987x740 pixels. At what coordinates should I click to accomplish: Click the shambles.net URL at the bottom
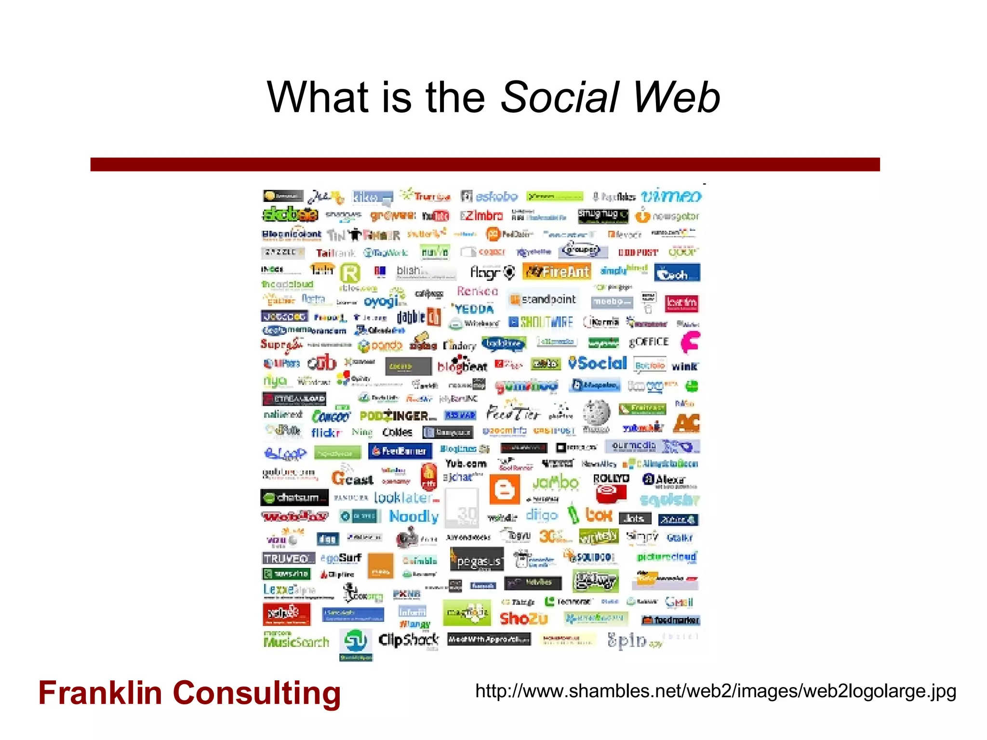coord(715,691)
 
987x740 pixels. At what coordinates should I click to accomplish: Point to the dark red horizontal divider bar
coord(485,164)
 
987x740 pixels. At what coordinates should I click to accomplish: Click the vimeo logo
coord(671,196)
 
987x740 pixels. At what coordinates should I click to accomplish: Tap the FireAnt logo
coord(557,272)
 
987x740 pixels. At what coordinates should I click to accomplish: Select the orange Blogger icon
coord(505,489)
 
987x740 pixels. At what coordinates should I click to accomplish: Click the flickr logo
coord(326,432)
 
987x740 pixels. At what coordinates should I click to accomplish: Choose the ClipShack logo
coord(408,640)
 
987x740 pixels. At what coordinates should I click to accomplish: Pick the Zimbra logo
coord(481,215)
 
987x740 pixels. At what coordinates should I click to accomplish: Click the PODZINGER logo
coord(398,416)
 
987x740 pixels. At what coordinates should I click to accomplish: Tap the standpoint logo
coord(543,300)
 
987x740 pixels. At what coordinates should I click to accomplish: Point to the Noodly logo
coord(413,516)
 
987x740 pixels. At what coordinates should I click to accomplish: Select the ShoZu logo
coord(523,618)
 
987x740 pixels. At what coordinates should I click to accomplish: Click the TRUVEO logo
coord(288,558)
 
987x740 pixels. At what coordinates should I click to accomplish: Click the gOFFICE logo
coord(649,342)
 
